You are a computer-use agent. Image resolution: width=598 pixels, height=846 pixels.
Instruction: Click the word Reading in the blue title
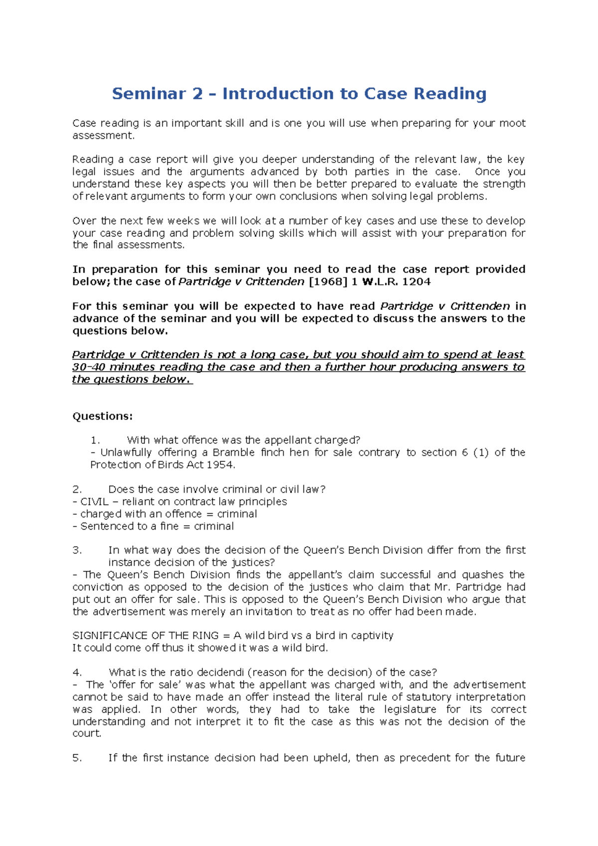(450, 94)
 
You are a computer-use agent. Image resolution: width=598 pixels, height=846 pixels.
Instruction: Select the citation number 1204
(416, 282)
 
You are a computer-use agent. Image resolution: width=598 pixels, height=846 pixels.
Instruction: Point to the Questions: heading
(103, 417)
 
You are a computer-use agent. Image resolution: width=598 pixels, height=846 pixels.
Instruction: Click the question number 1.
(95, 440)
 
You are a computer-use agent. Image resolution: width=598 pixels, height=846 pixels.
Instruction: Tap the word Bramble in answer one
(234, 452)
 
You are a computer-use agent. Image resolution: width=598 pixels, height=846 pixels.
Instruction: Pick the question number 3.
(77, 550)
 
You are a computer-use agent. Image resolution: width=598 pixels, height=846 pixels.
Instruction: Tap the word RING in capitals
(205, 636)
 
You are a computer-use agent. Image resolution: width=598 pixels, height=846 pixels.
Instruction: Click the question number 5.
(77, 758)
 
